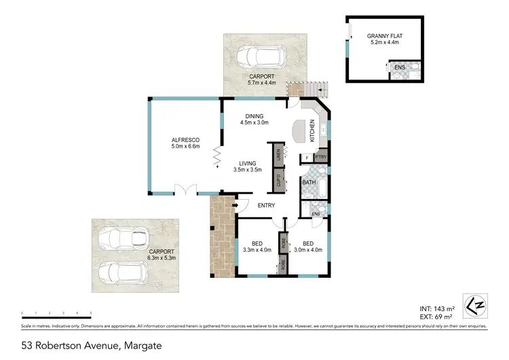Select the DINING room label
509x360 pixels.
[254, 115]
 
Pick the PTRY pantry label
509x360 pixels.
[321, 158]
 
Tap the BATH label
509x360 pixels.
[309, 183]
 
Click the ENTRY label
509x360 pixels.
[266, 205]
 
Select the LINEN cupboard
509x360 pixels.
[278, 154]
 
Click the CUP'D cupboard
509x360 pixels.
[278, 180]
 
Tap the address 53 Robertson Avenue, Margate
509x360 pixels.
[91, 345]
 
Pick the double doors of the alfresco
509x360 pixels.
[182, 190]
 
